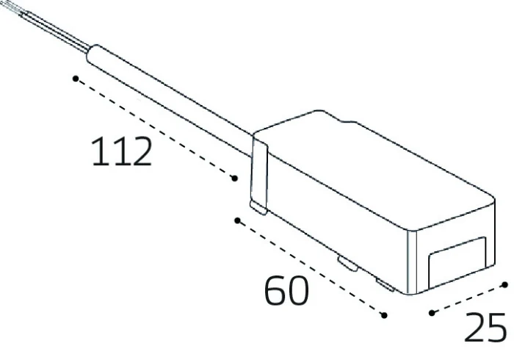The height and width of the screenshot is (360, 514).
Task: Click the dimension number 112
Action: tap(122, 152)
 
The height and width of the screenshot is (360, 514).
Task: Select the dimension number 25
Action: tap(485, 328)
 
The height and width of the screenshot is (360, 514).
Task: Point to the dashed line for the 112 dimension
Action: tap(154, 127)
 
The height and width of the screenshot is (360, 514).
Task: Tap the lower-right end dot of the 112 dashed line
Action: tap(234, 179)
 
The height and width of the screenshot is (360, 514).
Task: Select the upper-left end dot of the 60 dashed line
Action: tap(236, 220)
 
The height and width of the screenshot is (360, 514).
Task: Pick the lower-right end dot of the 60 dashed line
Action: tap(384, 316)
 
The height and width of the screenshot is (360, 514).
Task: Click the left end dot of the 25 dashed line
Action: tap(432, 314)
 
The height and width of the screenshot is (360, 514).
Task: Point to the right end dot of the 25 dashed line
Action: tap(505, 283)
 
